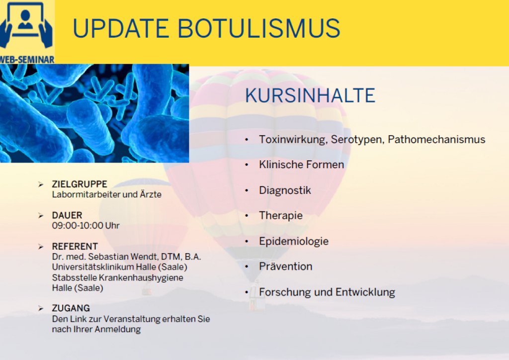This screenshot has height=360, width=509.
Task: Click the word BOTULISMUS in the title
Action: coord(258,28)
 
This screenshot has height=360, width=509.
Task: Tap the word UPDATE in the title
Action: coord(120,28)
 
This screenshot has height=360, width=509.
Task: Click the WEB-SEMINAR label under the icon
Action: coord(27,59)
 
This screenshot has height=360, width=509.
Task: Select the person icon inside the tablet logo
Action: coord(25,20)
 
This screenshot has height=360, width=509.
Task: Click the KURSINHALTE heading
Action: coord(310,95)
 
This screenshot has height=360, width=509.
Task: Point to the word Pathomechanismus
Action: coord(436,140)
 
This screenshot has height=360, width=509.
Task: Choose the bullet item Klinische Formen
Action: coord(301,165)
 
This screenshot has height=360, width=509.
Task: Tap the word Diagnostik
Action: coord(285,190)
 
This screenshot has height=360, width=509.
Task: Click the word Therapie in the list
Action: coord(281,215)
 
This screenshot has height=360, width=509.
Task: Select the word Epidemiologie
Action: coord(294,241)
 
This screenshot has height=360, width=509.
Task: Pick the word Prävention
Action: coord(286,267)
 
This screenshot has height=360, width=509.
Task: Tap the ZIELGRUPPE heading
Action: coord(80,184)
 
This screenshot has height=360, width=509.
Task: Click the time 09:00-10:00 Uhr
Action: coord(85,226)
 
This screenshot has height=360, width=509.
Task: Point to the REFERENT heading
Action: coord(75,247)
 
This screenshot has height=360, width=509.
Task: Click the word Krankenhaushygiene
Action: coord(141,278)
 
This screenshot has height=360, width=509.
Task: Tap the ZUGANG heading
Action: coord(71,308)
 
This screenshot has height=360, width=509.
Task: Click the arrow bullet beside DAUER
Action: coord(41,215)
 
